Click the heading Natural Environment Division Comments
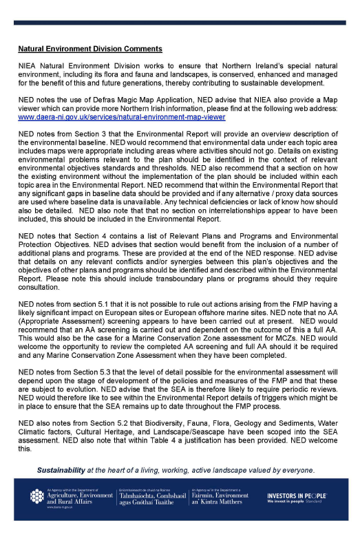[89, 49]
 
